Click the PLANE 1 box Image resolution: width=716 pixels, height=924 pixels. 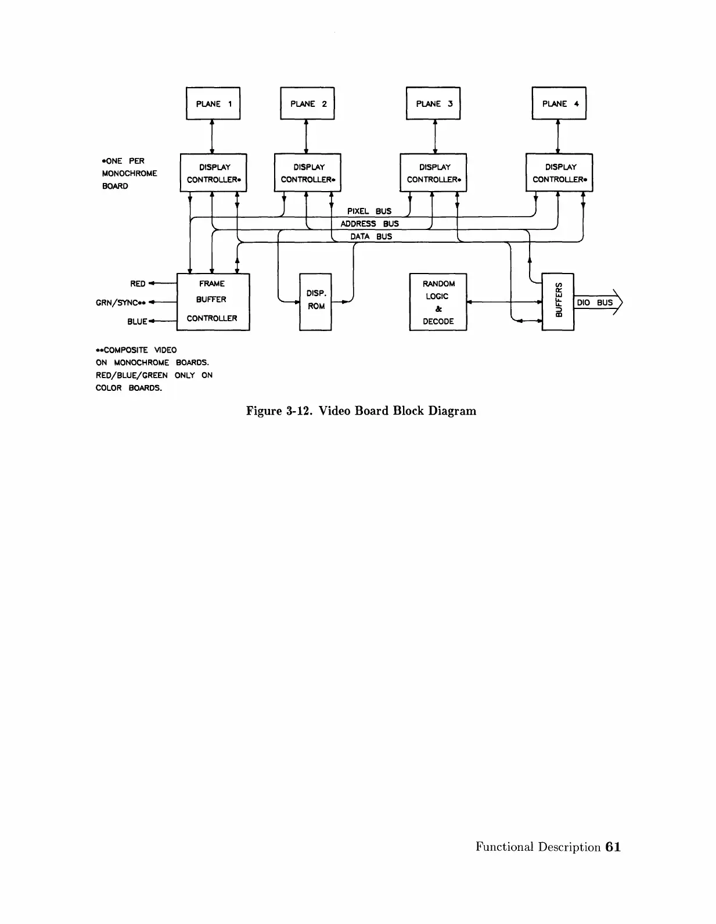coord(213,103)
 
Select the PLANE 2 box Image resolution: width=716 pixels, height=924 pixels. coord(307,103)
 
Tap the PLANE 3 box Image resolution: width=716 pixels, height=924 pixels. coord(433,103)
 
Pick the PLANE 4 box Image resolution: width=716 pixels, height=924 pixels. coord(559,103)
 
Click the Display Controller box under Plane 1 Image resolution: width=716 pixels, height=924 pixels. coord(213,173)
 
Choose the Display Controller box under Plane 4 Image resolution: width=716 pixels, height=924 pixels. coord(559,173)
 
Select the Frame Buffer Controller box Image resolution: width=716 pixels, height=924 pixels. coord(213,301)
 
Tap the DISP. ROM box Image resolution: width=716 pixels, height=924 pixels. coord(315,301)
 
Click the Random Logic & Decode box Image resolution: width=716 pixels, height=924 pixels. coord(438,301)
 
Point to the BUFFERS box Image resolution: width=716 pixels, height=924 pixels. coord(557,301)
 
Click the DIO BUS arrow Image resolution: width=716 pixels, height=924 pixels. coord(597,302)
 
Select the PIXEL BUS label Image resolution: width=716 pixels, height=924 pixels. coord(369,211)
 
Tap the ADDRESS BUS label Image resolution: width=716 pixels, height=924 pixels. coord(369,224)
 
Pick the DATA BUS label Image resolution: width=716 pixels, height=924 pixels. coord(371,236)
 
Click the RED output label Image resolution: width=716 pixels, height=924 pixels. coord(138,283)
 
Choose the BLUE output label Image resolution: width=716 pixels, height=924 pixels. coord(137,321)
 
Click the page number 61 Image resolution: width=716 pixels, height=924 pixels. coord(613,847)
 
